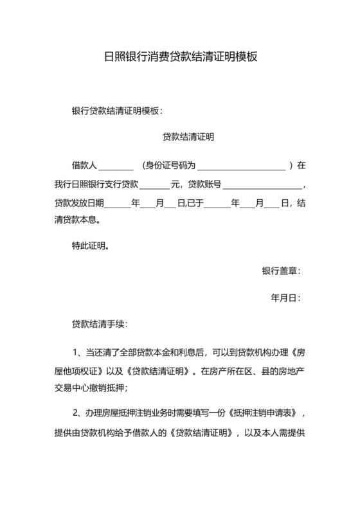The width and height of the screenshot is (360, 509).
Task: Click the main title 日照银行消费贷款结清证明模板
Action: pos(180,57)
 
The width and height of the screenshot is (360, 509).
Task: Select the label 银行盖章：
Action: pos(281,272)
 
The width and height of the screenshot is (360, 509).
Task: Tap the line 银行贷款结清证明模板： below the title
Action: pos(118,111)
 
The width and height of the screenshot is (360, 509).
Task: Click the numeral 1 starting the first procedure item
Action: pos(75,352)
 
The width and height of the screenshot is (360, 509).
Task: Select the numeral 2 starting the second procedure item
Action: pos(75,413)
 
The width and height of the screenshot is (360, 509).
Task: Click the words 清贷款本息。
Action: pos(77,222)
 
